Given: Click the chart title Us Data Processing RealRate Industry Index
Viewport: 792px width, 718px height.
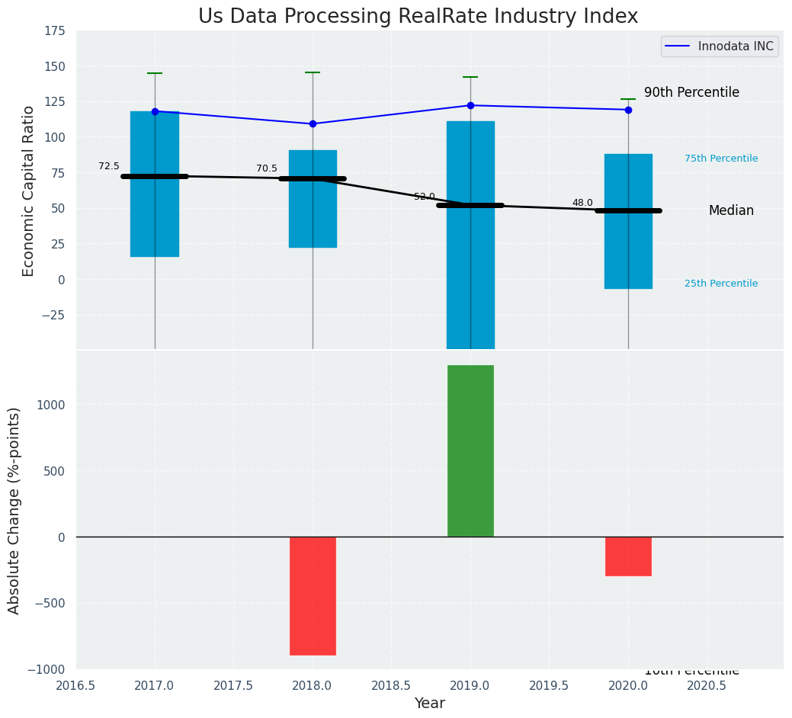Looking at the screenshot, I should [x=418, y=17].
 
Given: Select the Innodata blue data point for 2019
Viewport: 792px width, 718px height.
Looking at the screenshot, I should [x=470, y=105].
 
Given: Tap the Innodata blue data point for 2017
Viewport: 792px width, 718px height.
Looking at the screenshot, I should [x=155, y=111].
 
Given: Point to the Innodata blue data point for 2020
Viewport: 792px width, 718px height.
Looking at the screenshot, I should [x=628, y=110].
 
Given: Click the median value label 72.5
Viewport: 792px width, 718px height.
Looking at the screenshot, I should [x=109, y=166].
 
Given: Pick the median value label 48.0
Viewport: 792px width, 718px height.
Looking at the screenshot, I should [x=582, y=203].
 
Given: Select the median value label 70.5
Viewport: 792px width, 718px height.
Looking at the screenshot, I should [x=267, y=168].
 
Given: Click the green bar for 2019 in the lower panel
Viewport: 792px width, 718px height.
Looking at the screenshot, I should [x=470, y=450].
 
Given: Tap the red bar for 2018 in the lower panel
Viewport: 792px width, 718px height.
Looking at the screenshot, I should [x=313, y=595].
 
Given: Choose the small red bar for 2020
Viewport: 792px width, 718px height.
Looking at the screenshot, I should [x=628, y=556].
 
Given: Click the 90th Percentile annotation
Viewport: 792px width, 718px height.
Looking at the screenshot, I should [x=691, y=92].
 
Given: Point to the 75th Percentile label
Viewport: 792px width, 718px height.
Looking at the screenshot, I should [x=721, y=159].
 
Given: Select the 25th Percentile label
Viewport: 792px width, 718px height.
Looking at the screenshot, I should [x=721, y=284].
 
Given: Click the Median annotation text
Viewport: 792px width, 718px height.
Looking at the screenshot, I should [x=731, y=211].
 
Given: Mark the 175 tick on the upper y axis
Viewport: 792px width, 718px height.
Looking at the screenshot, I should [x=54, y=31].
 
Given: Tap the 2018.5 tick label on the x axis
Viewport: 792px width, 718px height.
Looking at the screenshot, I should [x=391, y=685].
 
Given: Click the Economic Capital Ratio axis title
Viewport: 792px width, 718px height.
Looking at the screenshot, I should [x=29, y=191].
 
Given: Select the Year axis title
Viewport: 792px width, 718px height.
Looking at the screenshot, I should [x=430, y=704].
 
